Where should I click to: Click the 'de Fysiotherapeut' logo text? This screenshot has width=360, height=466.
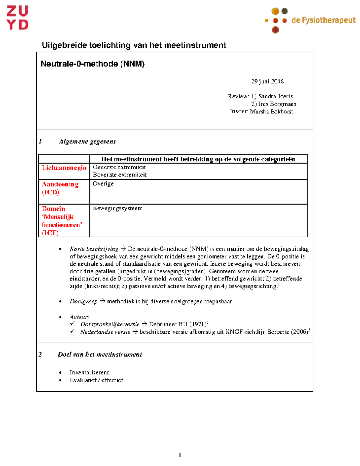coord(323,20)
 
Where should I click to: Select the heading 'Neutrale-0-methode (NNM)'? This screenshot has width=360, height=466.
coord(92,64)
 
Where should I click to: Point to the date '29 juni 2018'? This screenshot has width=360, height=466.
coord(267,82)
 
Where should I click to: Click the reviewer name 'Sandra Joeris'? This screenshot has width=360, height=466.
coord(275,96)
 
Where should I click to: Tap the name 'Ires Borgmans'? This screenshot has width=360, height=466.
coord(277,104)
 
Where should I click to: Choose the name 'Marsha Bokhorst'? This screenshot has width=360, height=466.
coord(271,112)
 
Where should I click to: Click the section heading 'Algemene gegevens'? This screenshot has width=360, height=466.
coord(87,142)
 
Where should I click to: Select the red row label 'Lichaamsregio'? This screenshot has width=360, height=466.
coord(64,168)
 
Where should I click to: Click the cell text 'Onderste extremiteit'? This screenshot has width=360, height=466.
coord(119,167)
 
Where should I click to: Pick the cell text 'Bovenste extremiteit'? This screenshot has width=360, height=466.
coord(120,175)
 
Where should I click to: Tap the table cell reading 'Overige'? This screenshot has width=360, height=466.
coord(103,184)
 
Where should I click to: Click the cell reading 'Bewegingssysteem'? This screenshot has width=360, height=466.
coord(118,208)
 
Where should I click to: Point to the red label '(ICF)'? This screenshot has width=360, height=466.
coord(50,233)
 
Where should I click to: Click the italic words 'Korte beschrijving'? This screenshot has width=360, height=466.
coord(94,249)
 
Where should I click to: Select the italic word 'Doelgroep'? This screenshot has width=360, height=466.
coord(84,302)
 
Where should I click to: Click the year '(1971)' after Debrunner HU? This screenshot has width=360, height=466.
coord(198,324)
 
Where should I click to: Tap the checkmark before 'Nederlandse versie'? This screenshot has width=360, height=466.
coord(72,331)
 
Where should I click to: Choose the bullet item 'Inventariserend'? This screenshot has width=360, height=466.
coord(90,373)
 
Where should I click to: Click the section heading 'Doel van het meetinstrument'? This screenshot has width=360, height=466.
coord(100,355)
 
